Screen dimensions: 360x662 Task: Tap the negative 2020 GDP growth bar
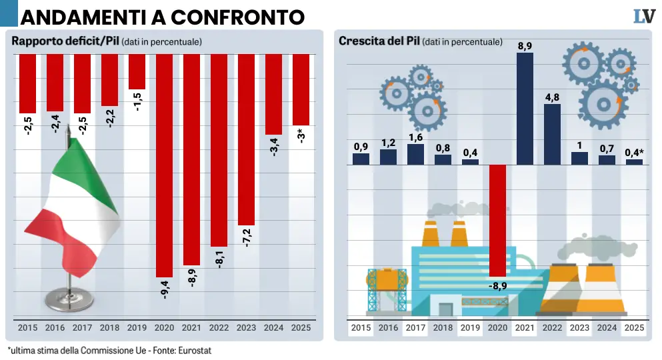(497, 220)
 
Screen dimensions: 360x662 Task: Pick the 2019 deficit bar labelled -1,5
(137, 71)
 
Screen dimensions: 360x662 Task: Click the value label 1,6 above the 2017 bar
(415, 137)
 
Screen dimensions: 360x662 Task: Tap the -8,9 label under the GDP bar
(498, 287)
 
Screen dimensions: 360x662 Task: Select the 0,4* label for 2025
(634, 153)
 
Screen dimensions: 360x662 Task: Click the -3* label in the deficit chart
(301, 137)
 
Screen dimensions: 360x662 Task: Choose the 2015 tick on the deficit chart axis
(27, 328)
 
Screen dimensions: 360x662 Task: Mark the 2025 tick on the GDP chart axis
(634, 328)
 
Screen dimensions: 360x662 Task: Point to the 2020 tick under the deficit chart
(164, 328)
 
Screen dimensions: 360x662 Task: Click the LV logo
(643, 16)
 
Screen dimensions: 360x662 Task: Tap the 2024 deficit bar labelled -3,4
(273, 93)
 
